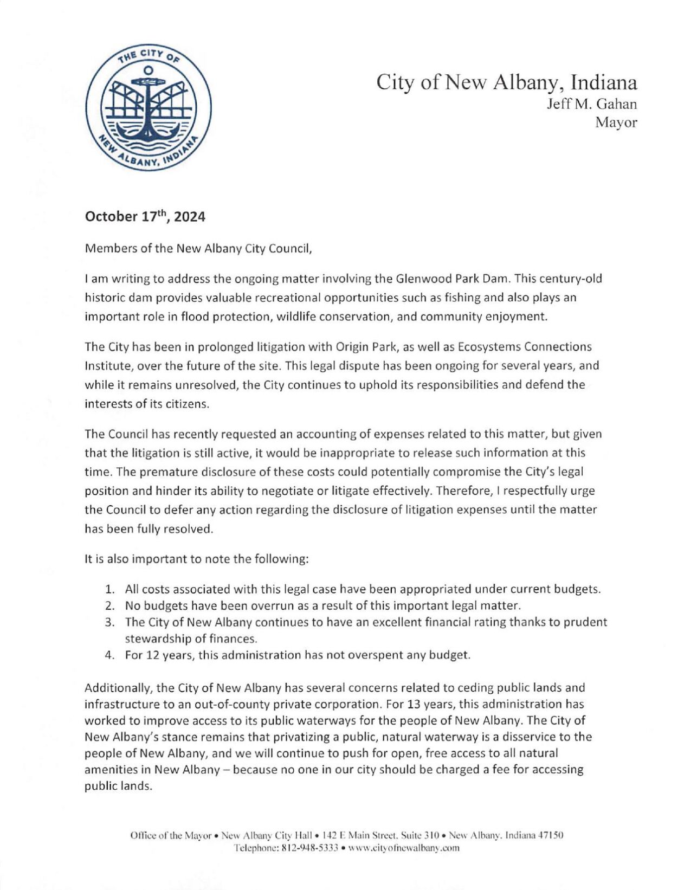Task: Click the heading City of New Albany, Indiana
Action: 506,82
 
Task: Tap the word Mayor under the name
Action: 616,122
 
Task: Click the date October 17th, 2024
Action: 145,217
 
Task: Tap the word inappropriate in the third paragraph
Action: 385,453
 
